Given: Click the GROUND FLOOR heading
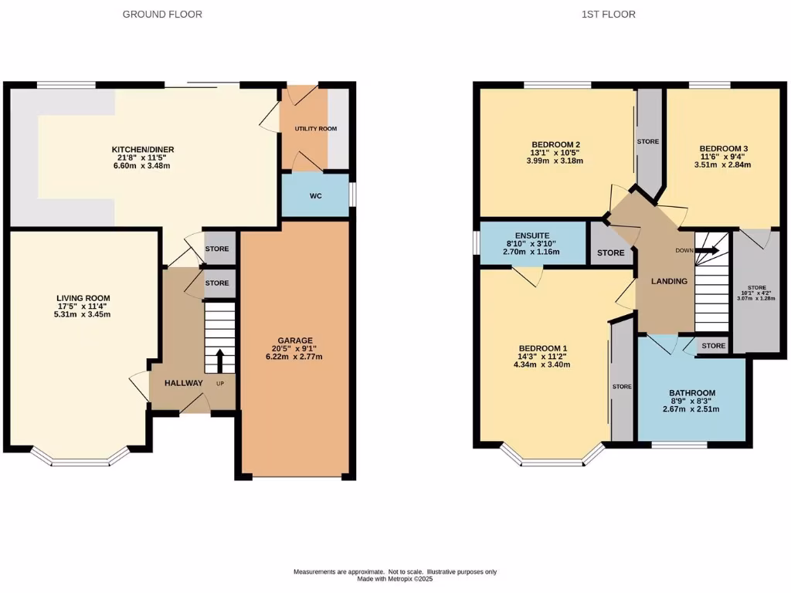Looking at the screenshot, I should tap(162, 14).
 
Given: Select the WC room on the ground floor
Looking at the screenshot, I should tap(315, 196).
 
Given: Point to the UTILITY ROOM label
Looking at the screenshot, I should tap(315, 128).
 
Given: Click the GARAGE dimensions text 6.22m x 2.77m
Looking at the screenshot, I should tap(295, 357).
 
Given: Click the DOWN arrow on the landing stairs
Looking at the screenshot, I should tap(709, 250).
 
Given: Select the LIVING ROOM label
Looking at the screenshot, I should tap(83, 298).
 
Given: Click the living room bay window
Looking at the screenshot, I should tap(81, 461).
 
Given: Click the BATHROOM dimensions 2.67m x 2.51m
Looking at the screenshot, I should tap(691, 409).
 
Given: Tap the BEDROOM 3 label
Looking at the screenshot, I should tap(723, 148).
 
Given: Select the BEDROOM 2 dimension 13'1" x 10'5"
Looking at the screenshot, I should tap(555, 153).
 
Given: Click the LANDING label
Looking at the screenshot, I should tap(669, 281).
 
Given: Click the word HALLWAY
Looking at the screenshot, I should tap(183, 383).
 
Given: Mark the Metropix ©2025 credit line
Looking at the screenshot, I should tap(395, 579).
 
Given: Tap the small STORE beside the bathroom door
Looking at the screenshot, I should tap(713, 346).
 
